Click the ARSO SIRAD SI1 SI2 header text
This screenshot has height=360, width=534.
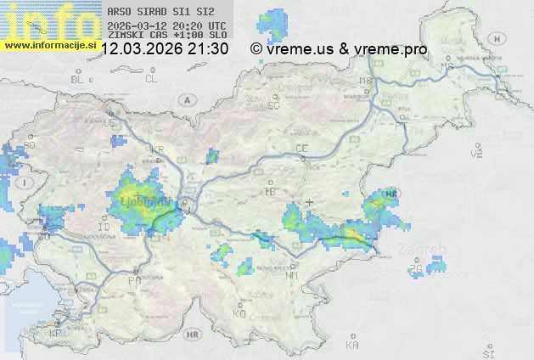coord(162,13)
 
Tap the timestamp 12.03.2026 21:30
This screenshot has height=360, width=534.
coord(164,49)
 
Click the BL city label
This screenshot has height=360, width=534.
coord(79,79)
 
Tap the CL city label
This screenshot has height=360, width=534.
coord(151,79)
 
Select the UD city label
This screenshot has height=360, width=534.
coord(109,123)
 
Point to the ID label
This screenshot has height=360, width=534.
coord(104,228)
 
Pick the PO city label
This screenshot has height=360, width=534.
coord(133,279)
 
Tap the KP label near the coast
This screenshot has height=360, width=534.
coord(56,334)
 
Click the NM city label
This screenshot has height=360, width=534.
coord(292,275)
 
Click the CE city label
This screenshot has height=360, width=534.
coord(301,149)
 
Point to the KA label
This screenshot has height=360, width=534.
coord(352,346)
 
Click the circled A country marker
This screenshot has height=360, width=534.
coord(185,99)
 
